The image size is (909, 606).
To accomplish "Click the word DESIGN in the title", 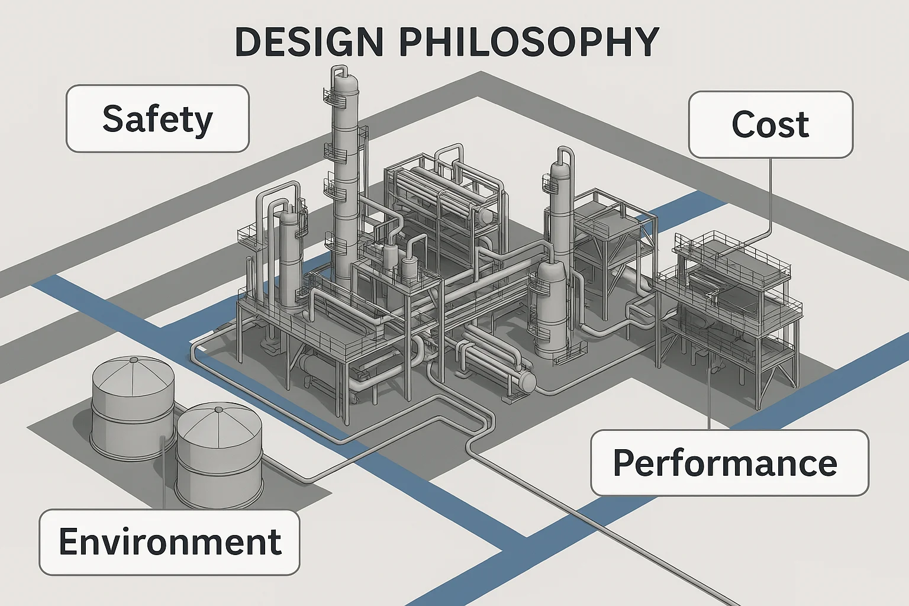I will (308, 42).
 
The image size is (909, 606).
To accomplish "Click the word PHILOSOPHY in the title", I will (528, 42).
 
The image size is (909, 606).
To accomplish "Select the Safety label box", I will (157, 119).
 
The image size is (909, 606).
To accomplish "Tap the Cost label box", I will (771, 124).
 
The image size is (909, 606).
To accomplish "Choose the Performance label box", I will (729, 463).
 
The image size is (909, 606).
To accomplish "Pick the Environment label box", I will (169, 542).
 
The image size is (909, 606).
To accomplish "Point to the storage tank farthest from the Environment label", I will (133, 408).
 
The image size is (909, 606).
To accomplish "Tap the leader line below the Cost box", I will (771, 195).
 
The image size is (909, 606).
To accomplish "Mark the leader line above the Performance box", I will (709, 397).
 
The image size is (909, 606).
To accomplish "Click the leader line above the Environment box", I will (163, 473).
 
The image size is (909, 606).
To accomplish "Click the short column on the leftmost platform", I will (289, 260).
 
